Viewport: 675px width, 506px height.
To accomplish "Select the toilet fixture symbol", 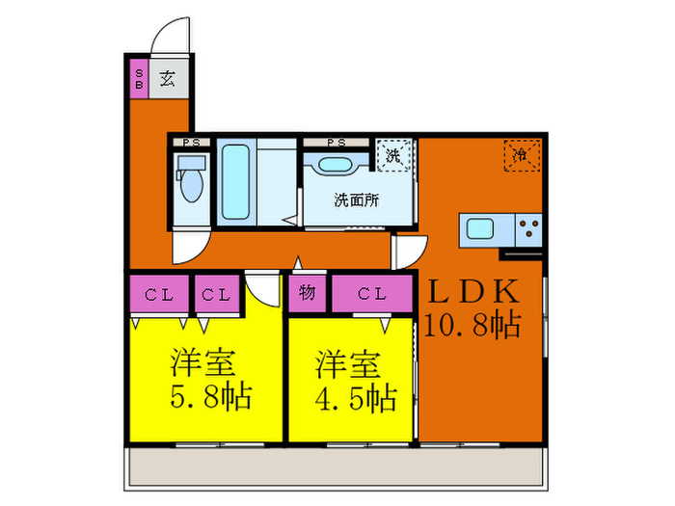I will point(191,183).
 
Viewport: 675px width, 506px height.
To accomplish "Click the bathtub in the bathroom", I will point(236,181).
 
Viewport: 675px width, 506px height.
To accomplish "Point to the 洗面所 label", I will point(356,201).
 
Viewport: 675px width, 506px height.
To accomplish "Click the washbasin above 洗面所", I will point(337,164).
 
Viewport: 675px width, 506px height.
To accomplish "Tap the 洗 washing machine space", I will point(394,155).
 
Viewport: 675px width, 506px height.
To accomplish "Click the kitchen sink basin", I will point(480,229).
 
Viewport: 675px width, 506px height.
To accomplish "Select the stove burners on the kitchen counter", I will point(529,229).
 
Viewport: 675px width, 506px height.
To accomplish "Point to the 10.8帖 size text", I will point(472,325).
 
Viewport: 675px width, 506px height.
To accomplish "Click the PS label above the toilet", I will point(191,144).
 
